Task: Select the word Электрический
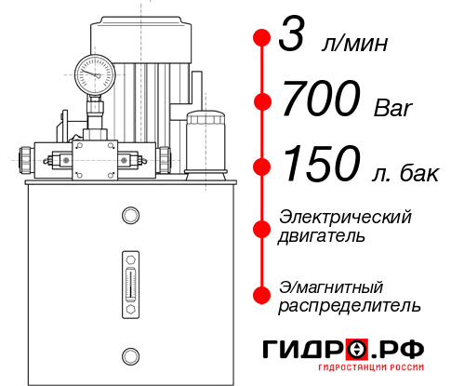(345, 217)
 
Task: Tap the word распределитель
(350, 305)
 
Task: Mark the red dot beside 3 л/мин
(262, 38)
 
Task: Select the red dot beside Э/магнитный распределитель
(262, 295)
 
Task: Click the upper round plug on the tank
(130, 216)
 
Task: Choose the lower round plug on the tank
(130, 354)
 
